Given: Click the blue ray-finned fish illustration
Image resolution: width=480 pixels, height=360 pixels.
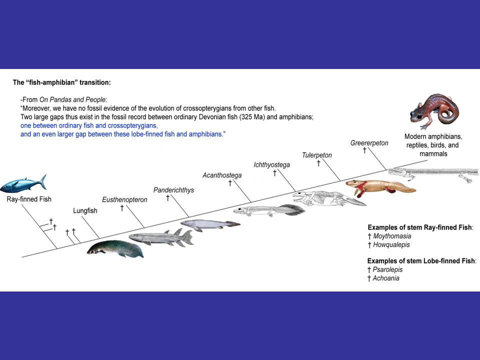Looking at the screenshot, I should click(x=22, y=185).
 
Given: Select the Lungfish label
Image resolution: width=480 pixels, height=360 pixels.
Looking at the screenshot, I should click(x=85, y=210).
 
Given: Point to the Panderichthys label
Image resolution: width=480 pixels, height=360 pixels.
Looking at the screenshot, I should click(x=173, y=190).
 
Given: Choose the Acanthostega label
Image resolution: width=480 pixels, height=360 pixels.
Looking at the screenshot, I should click(x=222, y=175).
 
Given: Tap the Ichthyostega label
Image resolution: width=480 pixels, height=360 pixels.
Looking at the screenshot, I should click(x=271, y=164).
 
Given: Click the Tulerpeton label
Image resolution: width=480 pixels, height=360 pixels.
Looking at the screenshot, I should click(x=316, y=155).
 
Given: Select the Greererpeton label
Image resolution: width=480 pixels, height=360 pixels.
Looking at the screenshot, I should click(x=369, y=143).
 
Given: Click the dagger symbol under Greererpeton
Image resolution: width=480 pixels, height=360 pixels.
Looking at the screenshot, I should click(x=364, y=150).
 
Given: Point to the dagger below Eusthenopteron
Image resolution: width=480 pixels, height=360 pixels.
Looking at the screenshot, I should click(x=122, y=207).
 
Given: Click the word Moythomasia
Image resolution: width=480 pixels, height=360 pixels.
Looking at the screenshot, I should click(x=392, y=236).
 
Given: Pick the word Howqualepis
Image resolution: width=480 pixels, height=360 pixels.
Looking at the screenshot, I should click(x=391, y=244).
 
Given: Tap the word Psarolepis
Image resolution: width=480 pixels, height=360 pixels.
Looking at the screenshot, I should click(x=387, y=269).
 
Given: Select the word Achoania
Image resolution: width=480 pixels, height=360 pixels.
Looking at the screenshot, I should click(x=386, y=278).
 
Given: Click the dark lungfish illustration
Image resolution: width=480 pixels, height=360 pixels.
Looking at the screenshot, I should click(x=115, y=248).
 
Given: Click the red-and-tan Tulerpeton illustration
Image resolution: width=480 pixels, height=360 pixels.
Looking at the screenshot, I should click(x=380, y=188).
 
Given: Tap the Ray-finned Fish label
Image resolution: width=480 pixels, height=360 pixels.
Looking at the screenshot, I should click(x=29, y=199).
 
